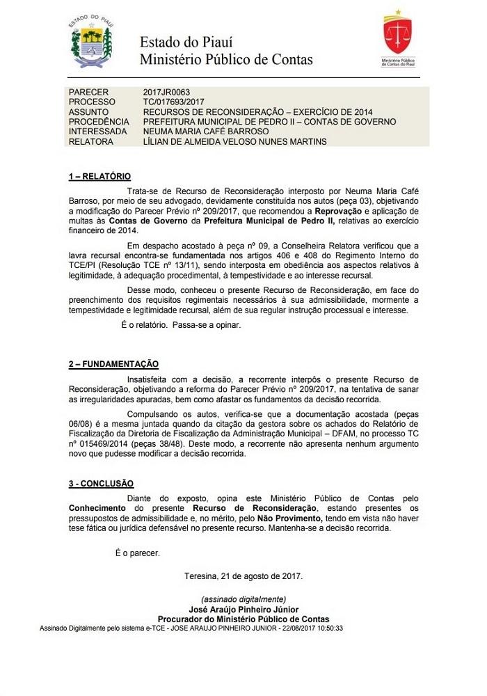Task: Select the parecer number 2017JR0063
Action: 167,92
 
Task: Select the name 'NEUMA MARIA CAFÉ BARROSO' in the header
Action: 206,132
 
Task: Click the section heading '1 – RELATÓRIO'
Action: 99,177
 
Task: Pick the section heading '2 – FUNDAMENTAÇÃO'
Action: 113,364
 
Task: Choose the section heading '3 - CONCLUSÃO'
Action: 101,483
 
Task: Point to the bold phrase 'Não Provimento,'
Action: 291,518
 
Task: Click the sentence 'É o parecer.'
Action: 137,553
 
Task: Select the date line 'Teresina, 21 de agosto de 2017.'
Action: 243,576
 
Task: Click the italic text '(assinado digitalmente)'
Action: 243,599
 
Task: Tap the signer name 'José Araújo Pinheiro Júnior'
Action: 243,609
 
